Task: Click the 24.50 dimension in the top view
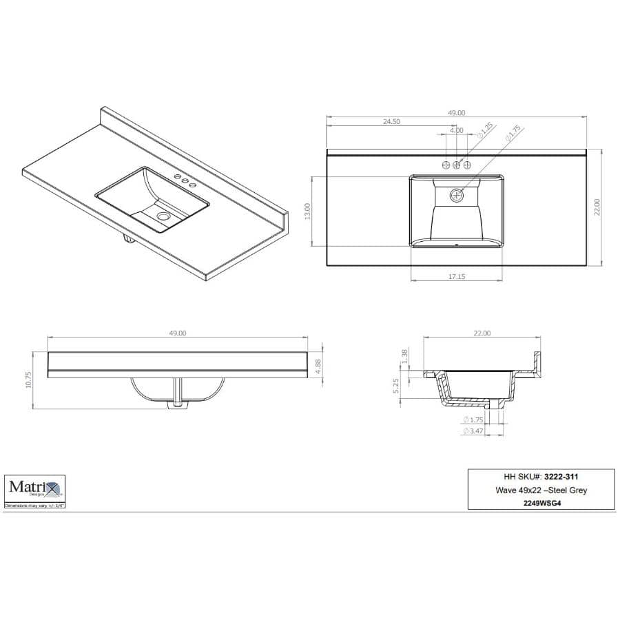click(391, 121)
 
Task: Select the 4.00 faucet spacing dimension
click(456, 130)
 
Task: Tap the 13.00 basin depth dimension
click(308, 211)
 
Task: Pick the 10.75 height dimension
click(29, 380)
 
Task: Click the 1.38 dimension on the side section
click(405, 355)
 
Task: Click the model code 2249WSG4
click(541, 502)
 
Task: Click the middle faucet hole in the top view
click(457, 165)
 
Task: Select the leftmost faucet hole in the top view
click(446, 165)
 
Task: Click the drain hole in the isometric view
click(163, 216)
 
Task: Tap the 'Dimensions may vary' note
click(34, 505)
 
